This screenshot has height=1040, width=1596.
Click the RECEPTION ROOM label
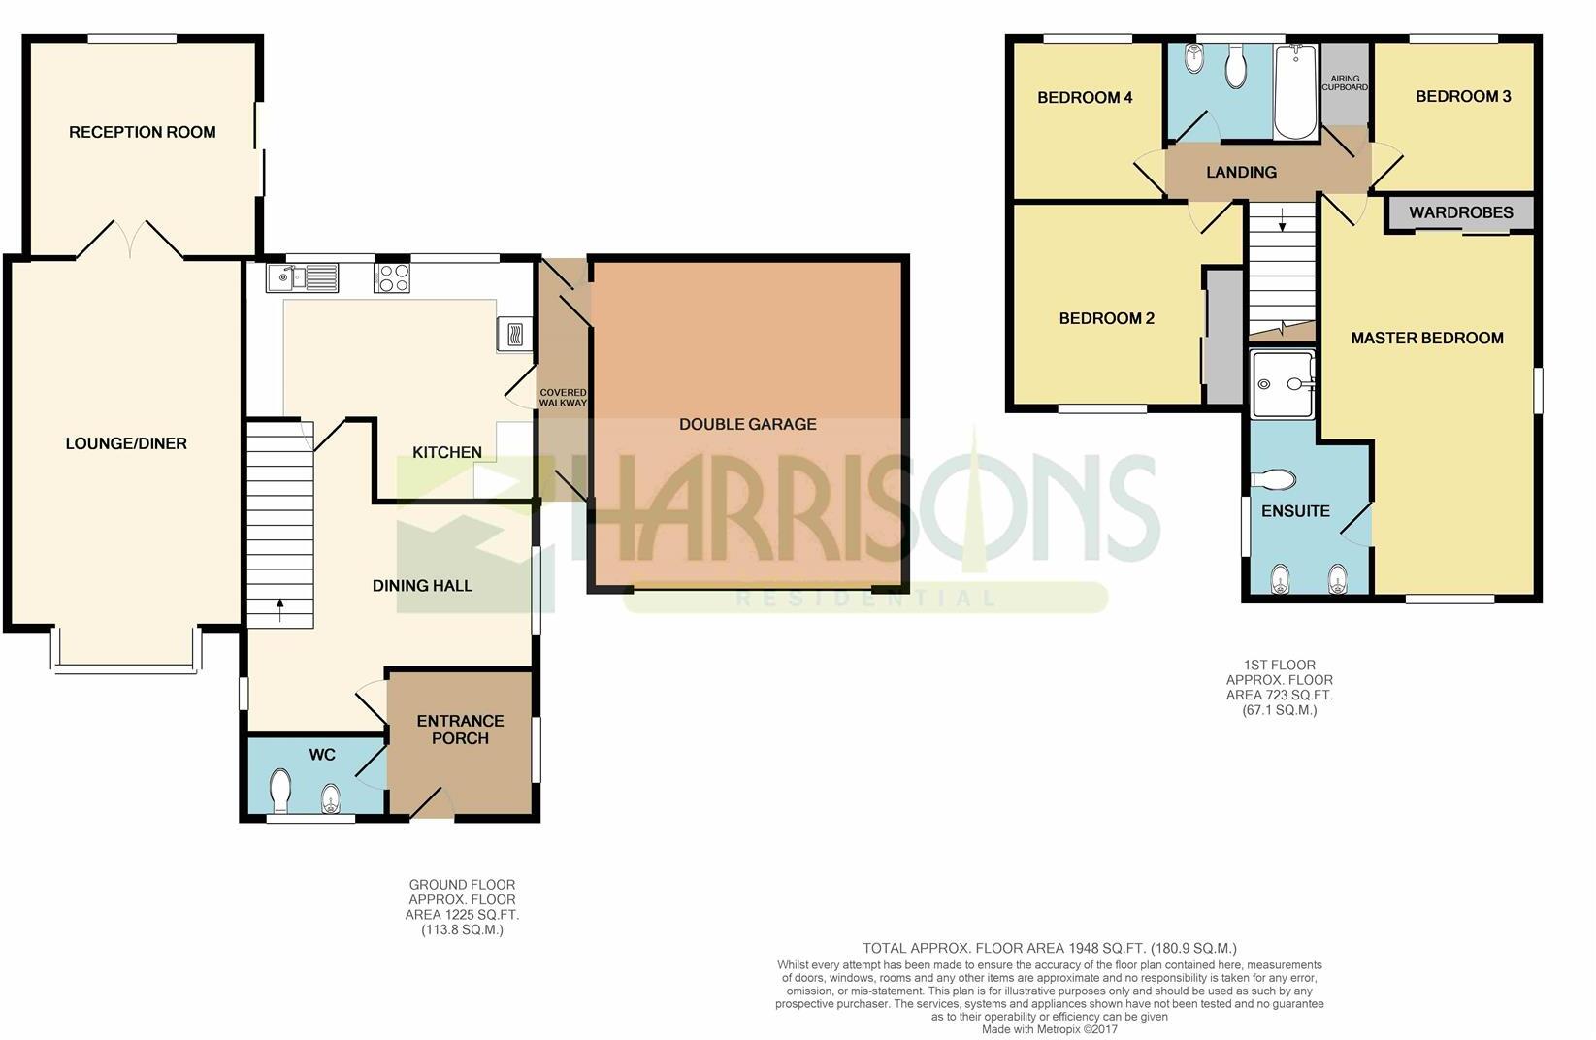point(143,132)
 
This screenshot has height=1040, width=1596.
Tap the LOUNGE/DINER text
point(126,443)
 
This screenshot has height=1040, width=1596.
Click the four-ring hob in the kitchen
point(393,277)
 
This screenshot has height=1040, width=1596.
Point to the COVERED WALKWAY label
point(563,398)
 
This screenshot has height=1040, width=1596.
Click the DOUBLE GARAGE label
point(747,424)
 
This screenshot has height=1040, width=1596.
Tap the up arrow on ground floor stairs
point(280,609)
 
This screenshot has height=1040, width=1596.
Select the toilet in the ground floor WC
point(280,791)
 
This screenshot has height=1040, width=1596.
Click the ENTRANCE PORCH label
point(460,730)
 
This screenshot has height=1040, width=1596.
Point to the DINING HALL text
point(422,585)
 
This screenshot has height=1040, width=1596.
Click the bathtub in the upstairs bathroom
point(1294,92)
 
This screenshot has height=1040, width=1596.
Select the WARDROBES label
point(1461,212)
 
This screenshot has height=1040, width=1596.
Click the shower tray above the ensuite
point(1283,384)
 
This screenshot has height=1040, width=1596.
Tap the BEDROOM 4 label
point(1085,97)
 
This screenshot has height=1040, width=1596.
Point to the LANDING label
point(1241,172)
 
